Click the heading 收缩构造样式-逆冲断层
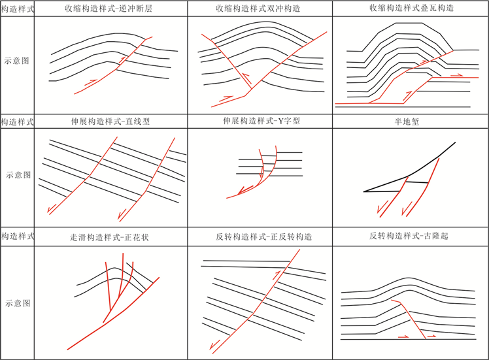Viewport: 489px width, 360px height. click(x=109, y=8)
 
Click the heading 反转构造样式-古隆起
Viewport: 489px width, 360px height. click(x=408, y=236)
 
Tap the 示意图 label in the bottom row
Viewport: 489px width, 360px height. click(x=18, y=303)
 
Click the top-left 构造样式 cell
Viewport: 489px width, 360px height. click(x=18, y=8)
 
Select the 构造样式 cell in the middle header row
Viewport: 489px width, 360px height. click(x=18, y=122)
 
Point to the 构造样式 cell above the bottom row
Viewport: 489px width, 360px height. click(x=18, y=236)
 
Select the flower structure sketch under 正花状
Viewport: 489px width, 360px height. click(x=118, y=297)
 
